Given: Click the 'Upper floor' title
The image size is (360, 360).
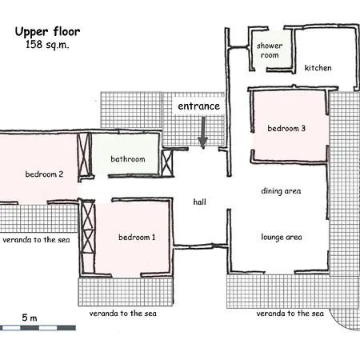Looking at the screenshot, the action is click(47, 32).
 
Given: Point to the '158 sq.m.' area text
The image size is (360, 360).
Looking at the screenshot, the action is click(47, 45).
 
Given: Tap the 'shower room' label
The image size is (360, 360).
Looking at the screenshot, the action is click(270, 50).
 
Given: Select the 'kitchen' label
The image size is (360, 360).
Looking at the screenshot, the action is click(318, 68).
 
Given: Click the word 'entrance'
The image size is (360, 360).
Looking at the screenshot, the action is click(199, 106).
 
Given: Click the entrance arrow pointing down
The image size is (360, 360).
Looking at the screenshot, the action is click(203, 133).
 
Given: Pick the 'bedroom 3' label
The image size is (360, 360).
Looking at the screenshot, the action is click(286, 128).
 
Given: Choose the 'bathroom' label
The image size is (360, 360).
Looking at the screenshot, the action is click(128, 159).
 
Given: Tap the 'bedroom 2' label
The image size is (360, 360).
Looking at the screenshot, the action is click(44, 174).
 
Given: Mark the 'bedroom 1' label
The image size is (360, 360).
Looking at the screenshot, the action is click(137, 237).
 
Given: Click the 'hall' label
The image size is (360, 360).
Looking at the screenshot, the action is click(199, 202).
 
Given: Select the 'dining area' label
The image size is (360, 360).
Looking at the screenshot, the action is click(281, 191).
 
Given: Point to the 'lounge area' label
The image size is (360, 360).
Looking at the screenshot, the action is click(282, 237).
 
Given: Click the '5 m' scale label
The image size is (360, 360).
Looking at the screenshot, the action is click(30, 318).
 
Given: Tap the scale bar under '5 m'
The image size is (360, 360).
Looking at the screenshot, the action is click(38, 328).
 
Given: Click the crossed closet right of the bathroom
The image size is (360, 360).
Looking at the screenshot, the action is click(167, 163).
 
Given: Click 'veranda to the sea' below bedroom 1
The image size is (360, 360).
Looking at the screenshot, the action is click(123, 314).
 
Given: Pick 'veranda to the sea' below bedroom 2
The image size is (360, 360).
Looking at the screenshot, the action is click(36, 240).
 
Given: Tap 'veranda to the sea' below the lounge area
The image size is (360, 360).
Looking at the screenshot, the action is click(290, 314).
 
